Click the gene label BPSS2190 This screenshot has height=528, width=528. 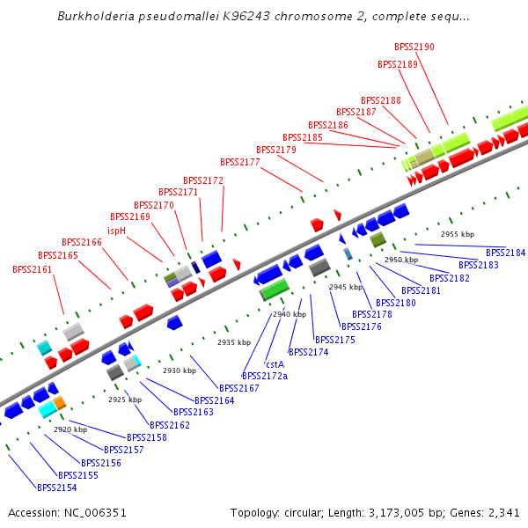click(414, 47)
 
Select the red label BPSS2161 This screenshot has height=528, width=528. click(33, 269)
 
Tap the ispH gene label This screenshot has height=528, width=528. click(116, 231)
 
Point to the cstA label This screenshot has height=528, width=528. click(275, 363)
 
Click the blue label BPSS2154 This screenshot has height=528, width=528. click(56, 488)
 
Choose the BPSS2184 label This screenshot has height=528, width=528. click(505, 253)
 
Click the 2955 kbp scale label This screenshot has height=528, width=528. click(458, 234)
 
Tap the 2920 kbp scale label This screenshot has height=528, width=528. click(70, 429)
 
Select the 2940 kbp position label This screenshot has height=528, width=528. click(290, 314)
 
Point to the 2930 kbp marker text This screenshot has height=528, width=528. click(179, 370)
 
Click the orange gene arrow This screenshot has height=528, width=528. click(59, 403)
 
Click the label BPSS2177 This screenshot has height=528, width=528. click(240, 162)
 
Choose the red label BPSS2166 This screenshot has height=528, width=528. click(82, 242)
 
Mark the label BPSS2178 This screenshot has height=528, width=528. click(372, 314)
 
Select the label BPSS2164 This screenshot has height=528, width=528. click(215, 400)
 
